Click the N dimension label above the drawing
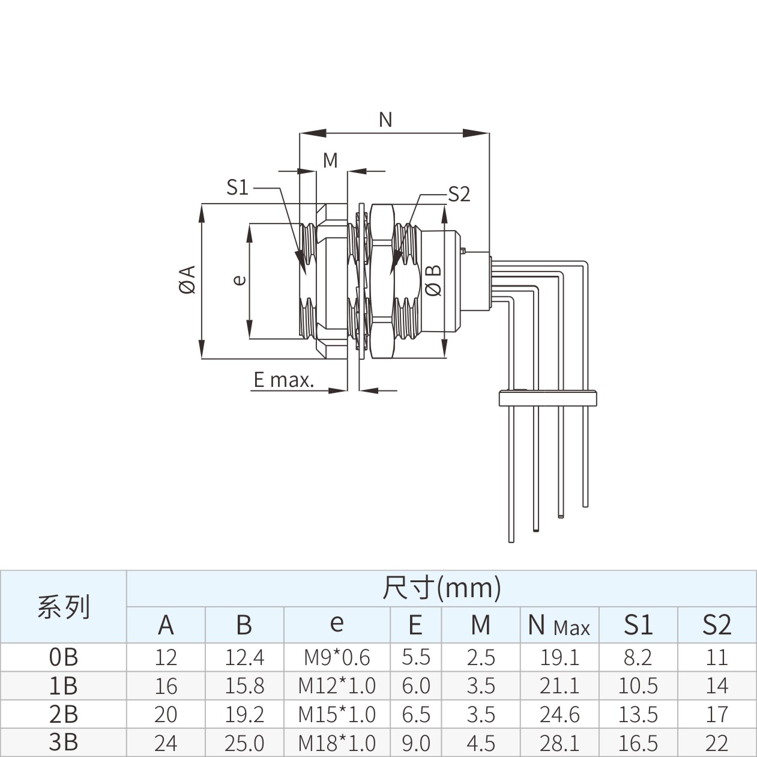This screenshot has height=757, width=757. pyautogui.click(x=385, y=120)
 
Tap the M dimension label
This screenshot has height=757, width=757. pyautogui.click(x=330, y=160)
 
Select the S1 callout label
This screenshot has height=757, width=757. pyautogui.click(x=237, y=187)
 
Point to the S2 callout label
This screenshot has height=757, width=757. pyautogui.click(x=459, y=193)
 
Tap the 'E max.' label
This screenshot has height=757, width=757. pyautogui.click(x=283, y=380)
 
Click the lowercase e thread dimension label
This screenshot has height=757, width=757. pyautogui.click(x=240, y=279)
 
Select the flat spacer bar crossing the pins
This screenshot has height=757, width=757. pyautogui.click(x=547, y=398)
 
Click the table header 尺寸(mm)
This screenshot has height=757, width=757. pyautogui.click(x=442, y=588)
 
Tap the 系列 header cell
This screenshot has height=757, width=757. pyautogui.click(x=64, y=606)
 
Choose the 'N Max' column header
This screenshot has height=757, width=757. pyautogui.click(x=559, y=624)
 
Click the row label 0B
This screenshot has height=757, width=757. pyautogui.click(x=64, y=657)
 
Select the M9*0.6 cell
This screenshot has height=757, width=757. pyautogui.click(x=337, y=657)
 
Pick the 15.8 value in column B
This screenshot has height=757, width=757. pyautogui.click(x=244, y=686)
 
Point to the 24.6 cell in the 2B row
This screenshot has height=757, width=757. pyautogui.click(x=559, y=714)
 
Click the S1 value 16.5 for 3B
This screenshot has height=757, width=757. pyautogui.click(x=638, y=743)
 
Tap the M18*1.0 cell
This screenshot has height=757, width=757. pyautogui.click(x=337, y=743)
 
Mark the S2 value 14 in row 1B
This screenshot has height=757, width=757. pyautogui.click(x=717, y=686)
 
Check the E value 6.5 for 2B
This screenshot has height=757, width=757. pyautogui.click(x=416, y=714)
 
